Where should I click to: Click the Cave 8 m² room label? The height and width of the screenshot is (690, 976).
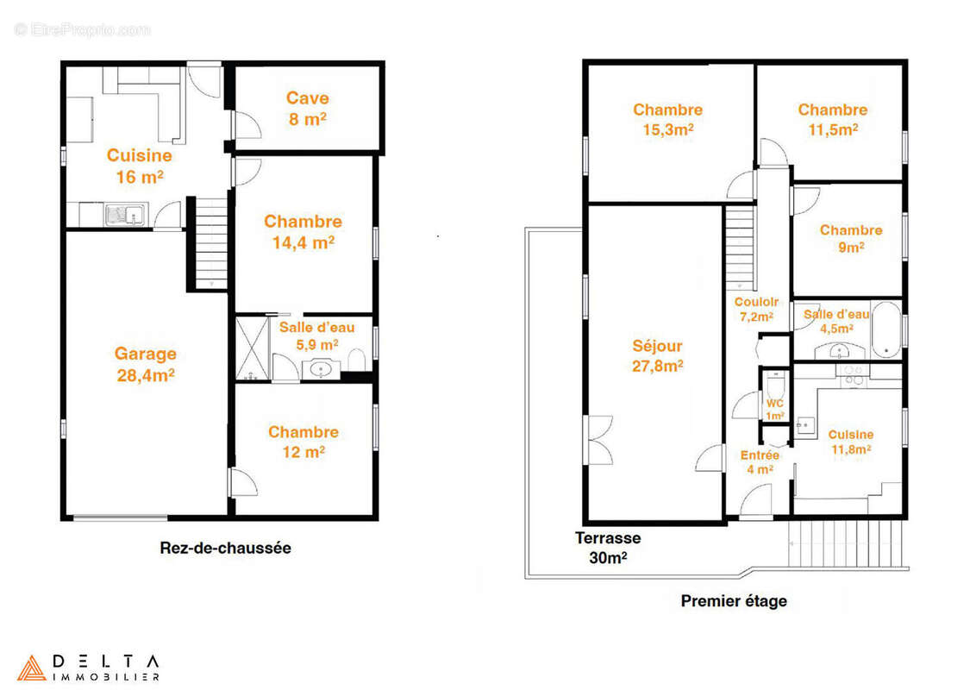[x=308, y=109]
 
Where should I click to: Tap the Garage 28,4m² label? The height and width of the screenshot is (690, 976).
[x=146, y=364]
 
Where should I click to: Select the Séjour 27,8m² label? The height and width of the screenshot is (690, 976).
[x=657, y=355]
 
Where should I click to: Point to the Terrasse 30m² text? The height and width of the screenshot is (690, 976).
[x=608, y=548]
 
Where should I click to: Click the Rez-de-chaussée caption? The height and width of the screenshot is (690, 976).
[x=225, y=548]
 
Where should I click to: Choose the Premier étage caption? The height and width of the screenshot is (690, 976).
[x=734, y=601]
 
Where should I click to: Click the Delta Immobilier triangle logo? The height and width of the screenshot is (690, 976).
[x=31, y=668]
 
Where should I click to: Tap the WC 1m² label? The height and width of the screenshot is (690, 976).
[x=775, y=409]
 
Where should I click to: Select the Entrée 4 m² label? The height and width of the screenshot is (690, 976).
[x=760, y=462]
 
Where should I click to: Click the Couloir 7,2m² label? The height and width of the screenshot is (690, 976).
[x=756, y=309]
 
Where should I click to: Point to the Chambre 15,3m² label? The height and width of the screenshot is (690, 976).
[x=668, y=119]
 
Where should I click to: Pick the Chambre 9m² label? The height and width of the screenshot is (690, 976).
[x=851, y=239]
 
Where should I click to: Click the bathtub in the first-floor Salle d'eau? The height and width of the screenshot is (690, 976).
[x=886, y=329]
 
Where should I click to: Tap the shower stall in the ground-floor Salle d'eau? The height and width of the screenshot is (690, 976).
[x=252, y=348]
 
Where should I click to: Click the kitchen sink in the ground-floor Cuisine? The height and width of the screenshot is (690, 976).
[x=125, y=215]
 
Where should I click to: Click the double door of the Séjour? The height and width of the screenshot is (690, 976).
[x=599, y=440]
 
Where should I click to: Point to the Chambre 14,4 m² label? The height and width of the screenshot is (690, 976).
[x=303, y=232]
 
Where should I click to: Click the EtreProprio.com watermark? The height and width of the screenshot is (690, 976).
[x=82, y=29]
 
